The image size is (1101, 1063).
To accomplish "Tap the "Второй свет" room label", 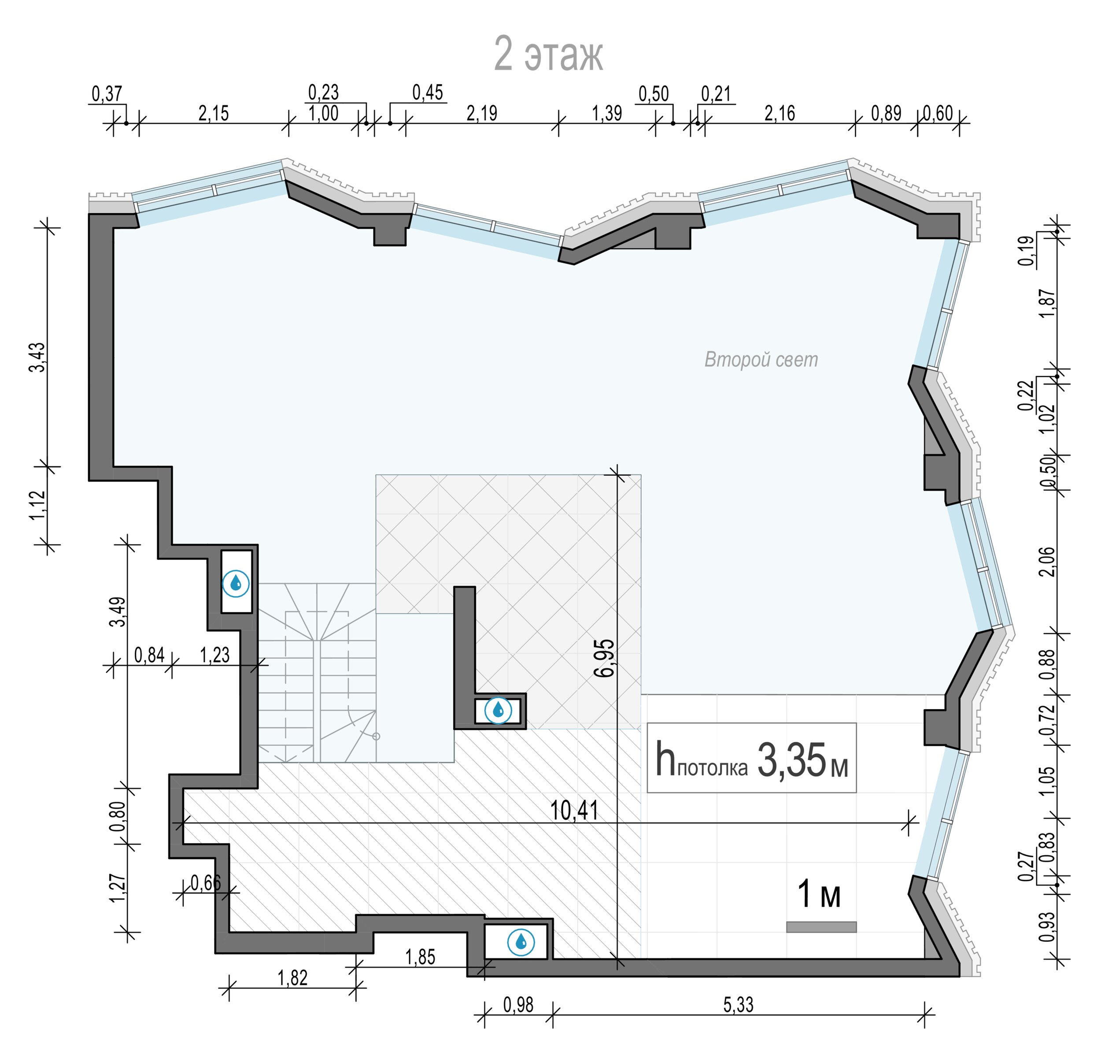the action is pos(761,359).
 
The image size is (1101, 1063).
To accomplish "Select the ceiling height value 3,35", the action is pos(792,761).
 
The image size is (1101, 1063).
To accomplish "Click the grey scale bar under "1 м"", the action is pos(821,927).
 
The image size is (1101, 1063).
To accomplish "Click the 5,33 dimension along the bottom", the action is pos(738,1004).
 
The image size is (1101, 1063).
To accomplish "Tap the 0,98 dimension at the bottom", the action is pos(518,1004).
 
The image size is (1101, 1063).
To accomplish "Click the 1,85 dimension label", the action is pos(420,957).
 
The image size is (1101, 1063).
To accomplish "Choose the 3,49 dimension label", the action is pos(118,612).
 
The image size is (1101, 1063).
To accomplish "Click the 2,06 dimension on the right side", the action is pos(1047,561).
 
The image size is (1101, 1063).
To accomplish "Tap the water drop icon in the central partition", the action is pos(498,710).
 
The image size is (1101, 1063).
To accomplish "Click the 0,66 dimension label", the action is pos(206,883).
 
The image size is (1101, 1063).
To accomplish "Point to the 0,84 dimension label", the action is pos(149,655).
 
